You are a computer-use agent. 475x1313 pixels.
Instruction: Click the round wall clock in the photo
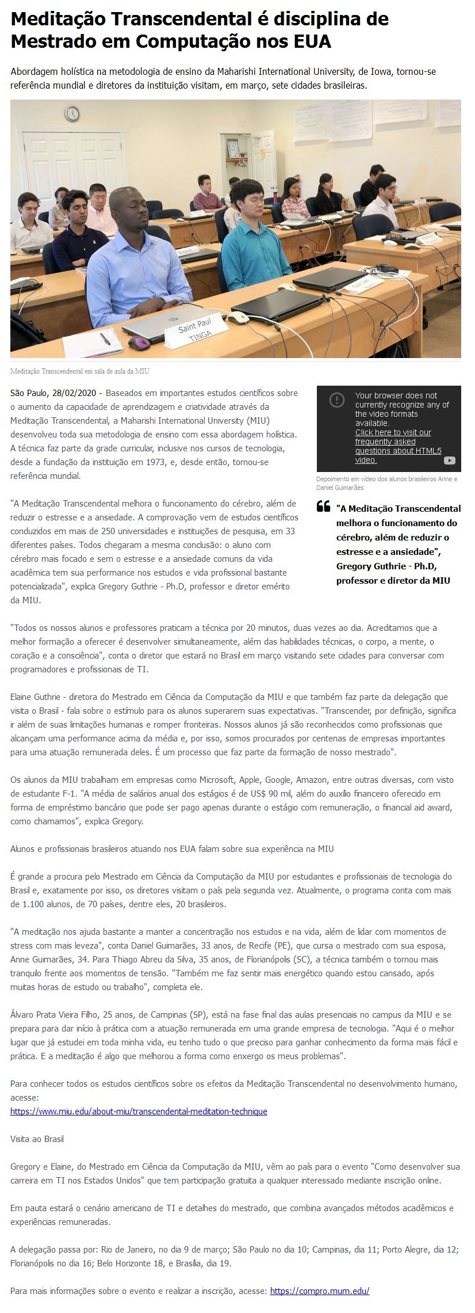pos(72,113)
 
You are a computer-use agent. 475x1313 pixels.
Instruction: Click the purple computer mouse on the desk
pos(139,342)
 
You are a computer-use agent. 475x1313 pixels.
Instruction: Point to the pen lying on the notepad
pos(105,338)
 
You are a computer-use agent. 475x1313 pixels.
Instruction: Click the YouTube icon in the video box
pos(450,460)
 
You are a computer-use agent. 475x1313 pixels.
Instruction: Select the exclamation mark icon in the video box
pos(336,399)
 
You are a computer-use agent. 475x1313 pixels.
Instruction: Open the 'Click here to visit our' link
pos(393,432)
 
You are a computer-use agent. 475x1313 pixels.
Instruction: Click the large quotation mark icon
pos(323,507)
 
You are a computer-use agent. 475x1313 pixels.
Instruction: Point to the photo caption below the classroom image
pos(80,371)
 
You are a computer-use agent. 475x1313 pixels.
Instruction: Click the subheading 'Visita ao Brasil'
pos(37,1139)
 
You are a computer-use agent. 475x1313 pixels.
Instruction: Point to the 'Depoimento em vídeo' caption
pos(386,483)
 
